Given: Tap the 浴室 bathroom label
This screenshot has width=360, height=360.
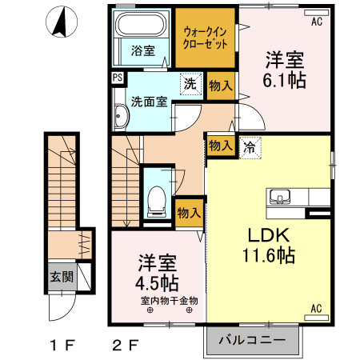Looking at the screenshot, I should tap(143, 50).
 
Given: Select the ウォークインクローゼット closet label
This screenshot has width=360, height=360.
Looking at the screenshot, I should tap(206, 38).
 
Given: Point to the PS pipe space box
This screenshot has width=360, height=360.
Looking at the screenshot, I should tap(118, 78).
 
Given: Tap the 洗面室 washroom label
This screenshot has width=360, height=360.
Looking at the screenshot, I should tap(148, 102).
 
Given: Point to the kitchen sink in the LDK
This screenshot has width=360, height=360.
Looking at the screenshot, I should tap(282, 196).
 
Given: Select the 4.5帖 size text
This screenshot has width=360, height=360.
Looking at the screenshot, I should tap(157, 282).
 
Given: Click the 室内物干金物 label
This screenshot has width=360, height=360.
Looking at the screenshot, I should tap(168, 301).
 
